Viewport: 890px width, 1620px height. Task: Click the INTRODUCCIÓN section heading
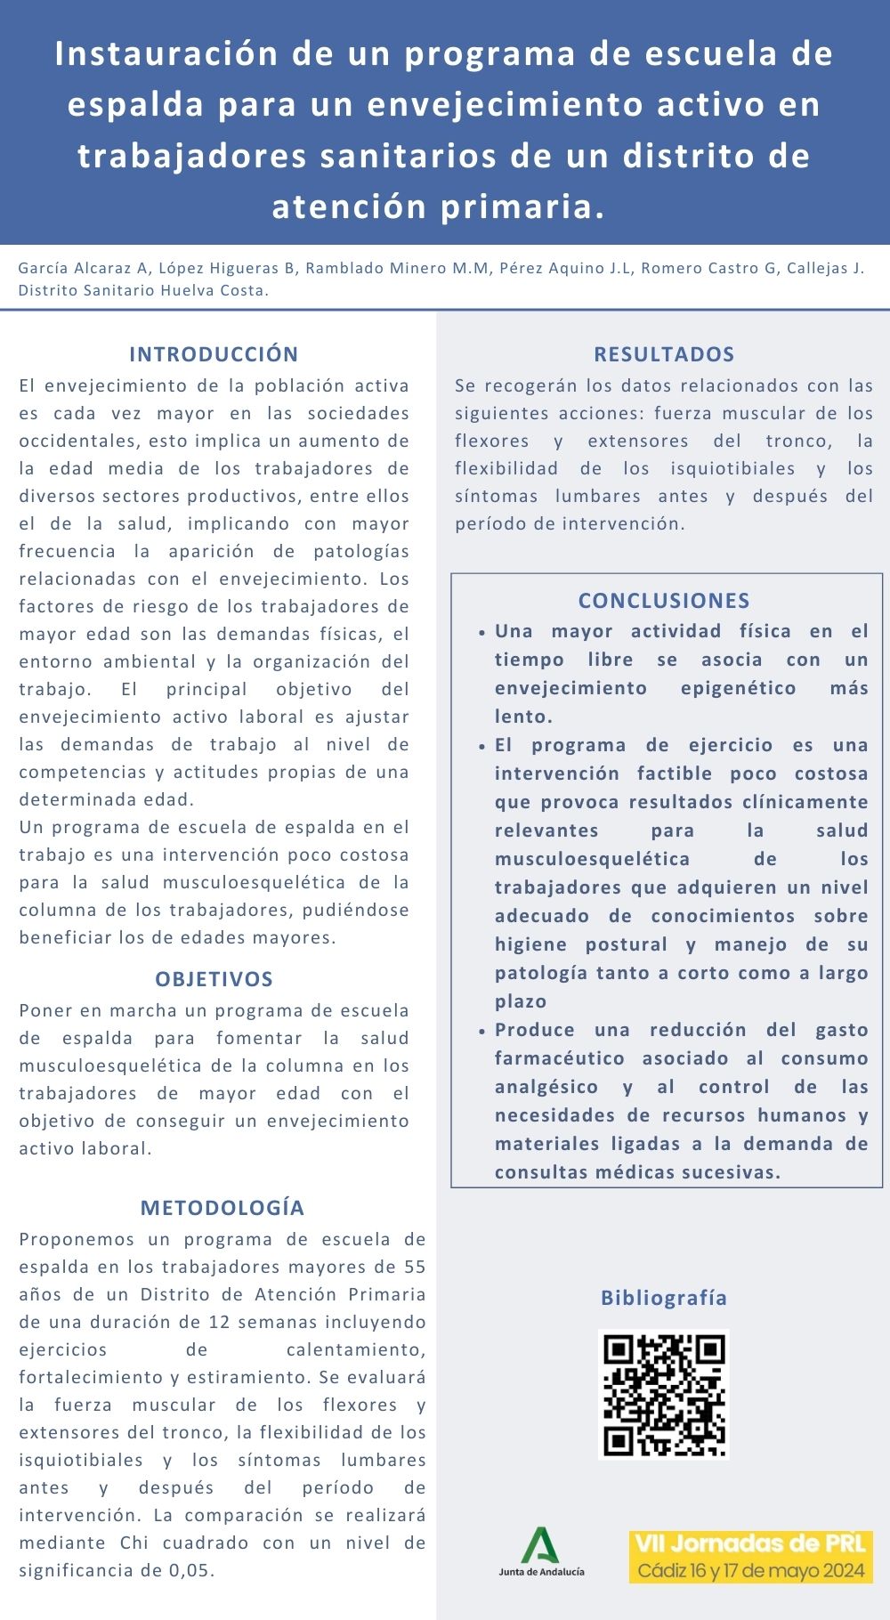coord(214,354)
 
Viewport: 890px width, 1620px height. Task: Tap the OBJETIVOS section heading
coord(214,979)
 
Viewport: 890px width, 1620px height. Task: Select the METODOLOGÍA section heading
coord(222,1208)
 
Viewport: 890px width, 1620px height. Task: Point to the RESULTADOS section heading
coord(664,354)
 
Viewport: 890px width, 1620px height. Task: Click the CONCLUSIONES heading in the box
coord(664,601)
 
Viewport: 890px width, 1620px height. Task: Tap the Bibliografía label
coord(664,1298)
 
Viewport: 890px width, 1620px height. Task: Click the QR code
coord(663,1395)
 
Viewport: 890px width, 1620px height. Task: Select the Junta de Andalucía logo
coord(541,1551)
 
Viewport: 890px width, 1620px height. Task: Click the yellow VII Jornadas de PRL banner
coord(751,1556)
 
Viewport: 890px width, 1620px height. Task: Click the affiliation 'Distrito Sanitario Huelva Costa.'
coord(143,290)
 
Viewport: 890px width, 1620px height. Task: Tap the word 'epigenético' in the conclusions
coord(738,688)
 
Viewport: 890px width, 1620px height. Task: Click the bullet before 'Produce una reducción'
coord(481,1031)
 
